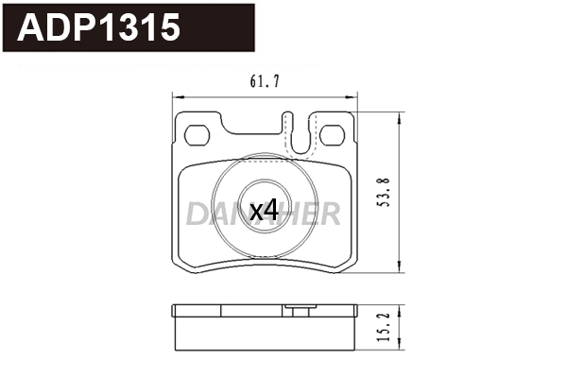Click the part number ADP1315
pos(99,29)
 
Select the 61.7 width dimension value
pos(266,83)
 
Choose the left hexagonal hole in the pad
pos(198,135)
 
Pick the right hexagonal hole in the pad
pos(333,135)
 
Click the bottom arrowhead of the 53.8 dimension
pos(404,271)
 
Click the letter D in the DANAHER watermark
pos(196,215)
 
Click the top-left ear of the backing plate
pos(197,121)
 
